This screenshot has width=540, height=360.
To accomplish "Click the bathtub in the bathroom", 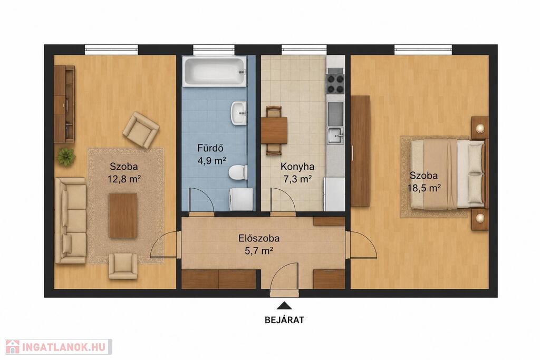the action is (x=215, y=72).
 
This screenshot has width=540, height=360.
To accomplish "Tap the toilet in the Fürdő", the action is (x=238, y=172).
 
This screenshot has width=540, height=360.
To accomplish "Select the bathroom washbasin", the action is (x=238, y=113).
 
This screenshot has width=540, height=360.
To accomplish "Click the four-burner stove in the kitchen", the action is (x=335, y=84).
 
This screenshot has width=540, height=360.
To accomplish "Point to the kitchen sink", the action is (x=335, y=135).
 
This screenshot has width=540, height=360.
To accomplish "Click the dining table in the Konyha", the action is (x=274, y=130).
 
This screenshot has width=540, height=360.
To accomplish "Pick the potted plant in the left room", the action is (x=66, y=157).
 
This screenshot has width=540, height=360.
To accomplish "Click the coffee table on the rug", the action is (x=123, y=216).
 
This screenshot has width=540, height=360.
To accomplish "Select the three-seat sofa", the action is (x=71, y=221).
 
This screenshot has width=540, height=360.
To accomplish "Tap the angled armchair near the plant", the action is (x=141, y=130).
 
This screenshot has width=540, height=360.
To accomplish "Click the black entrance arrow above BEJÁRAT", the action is (x=284, y=306).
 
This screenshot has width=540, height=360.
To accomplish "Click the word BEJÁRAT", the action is (x=284, y=320).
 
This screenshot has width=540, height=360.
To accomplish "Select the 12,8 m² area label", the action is (x=124, y=179).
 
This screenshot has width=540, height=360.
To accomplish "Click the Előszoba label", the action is (x=258, y=238).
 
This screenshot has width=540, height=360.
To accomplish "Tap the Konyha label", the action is (x=297, y=167).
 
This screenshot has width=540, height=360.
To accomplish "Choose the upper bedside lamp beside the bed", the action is (x=480, y=129).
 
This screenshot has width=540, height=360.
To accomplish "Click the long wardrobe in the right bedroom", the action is (x=361, y=151).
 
